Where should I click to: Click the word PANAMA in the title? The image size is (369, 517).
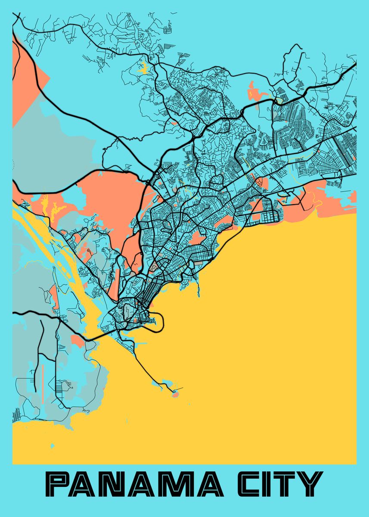pos(131,484)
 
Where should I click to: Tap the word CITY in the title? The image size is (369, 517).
pos(279,484)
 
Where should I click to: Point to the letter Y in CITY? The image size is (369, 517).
pos(311,484)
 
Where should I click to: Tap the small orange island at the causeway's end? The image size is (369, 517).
pos(175,393)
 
